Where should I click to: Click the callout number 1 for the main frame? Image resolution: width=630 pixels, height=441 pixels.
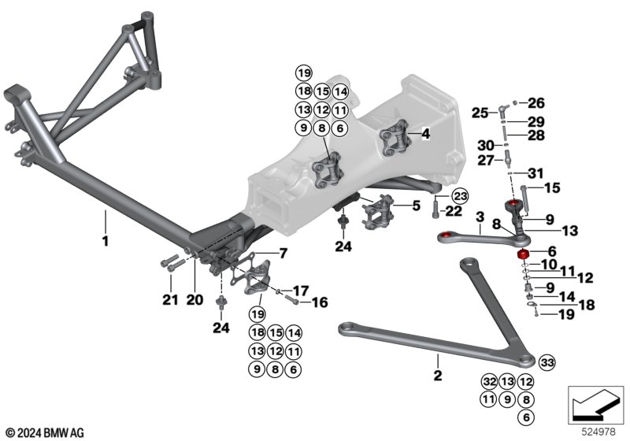[106, 242]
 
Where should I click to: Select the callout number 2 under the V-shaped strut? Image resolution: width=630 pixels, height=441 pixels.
[438, 375]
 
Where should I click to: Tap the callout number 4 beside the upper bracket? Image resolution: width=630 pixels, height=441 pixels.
[425, 134]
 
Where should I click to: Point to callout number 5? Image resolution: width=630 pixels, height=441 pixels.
[417, 206]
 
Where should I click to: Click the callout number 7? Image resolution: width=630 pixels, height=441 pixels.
[283, 254]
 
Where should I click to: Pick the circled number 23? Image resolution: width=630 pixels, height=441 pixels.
[460, 196]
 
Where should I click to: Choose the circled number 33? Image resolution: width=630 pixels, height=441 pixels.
[547, 363]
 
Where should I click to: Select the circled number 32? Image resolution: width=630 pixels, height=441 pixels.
[489, 382]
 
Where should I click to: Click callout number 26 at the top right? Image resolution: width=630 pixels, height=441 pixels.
[536, 103]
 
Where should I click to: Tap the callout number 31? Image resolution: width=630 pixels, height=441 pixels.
[535, 173]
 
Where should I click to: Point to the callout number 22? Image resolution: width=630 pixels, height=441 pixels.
[454, 211]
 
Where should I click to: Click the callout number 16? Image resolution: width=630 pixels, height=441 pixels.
[320, 302]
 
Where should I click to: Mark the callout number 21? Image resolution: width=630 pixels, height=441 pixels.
[170, 299]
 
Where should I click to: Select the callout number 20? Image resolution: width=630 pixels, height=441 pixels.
[195, 299]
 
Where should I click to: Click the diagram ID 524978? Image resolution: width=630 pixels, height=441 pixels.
[598, 432]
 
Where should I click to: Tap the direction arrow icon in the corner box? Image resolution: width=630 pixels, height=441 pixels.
[595, 406]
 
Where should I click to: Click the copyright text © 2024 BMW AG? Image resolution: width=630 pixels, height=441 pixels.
[46, 433]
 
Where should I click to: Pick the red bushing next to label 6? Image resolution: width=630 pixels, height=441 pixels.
[522, 254]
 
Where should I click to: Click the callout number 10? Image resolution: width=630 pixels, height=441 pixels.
[549, 265]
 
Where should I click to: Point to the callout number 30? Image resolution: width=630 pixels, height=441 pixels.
[486, 145]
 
